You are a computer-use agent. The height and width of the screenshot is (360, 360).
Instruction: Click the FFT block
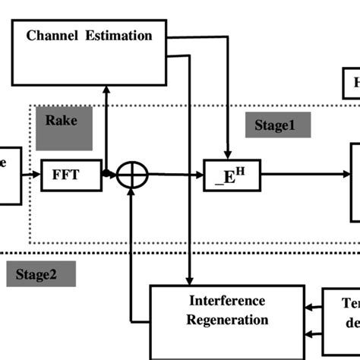point(69,174)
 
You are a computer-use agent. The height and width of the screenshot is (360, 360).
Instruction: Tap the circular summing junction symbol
point(132,175)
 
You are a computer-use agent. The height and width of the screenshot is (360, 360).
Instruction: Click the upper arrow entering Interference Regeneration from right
point(311,308)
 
